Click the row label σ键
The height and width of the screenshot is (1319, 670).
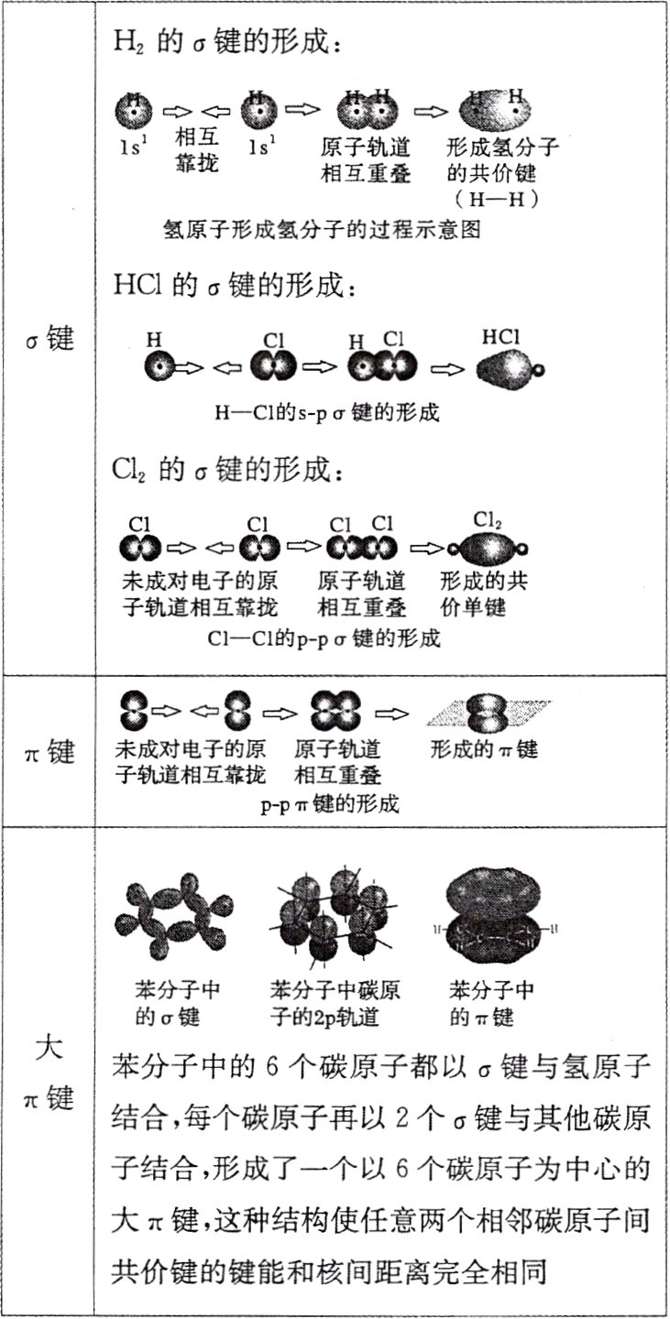pos(49,341)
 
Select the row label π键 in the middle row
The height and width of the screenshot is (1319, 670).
pos(49,753)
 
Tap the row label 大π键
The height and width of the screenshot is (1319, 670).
pos(49,1072)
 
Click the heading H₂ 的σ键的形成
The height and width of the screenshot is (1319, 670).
pos(225,43)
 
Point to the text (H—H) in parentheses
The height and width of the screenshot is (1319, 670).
pos(500,198)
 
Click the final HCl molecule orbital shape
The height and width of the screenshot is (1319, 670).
pos(510,368)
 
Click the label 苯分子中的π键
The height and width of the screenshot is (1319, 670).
pos(493,1005)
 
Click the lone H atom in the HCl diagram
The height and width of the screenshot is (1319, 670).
pos(159,367)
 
